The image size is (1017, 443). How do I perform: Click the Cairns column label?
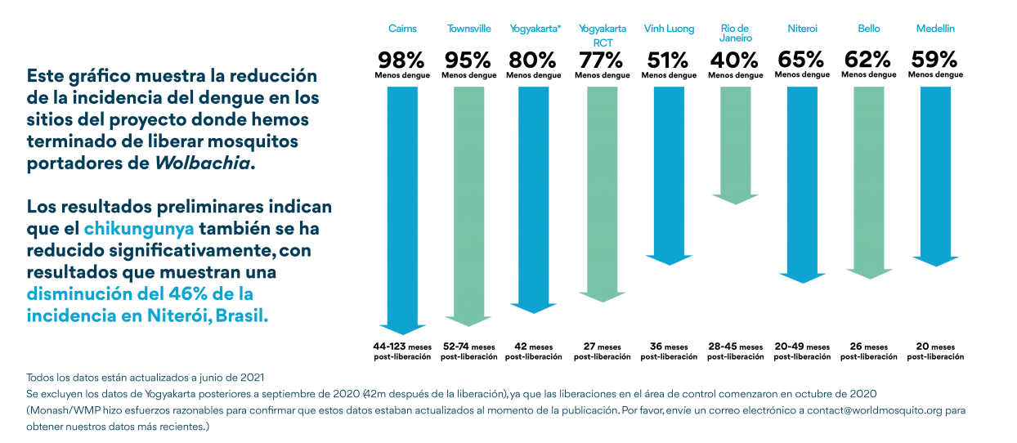[402, 29]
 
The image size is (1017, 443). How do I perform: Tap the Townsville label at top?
[469, 29]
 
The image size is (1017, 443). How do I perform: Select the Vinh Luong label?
[669, 29]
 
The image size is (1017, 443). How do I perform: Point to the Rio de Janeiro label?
[736, 34]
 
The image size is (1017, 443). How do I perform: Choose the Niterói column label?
[802, 29]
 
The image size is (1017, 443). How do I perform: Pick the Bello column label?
[869, 29]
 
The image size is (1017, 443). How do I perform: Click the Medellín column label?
[935, 29]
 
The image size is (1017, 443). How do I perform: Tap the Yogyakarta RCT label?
[603, 35]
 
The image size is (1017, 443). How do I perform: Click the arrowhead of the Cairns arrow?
[402, 329]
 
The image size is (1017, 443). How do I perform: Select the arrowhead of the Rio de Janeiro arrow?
[736, 199]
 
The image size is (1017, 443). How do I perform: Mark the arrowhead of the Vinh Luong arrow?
[669, 259]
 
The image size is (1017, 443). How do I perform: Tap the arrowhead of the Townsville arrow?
[469, 320]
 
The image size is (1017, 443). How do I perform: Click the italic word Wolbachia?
[203, 163]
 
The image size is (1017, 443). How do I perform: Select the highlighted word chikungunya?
[139, 228]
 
